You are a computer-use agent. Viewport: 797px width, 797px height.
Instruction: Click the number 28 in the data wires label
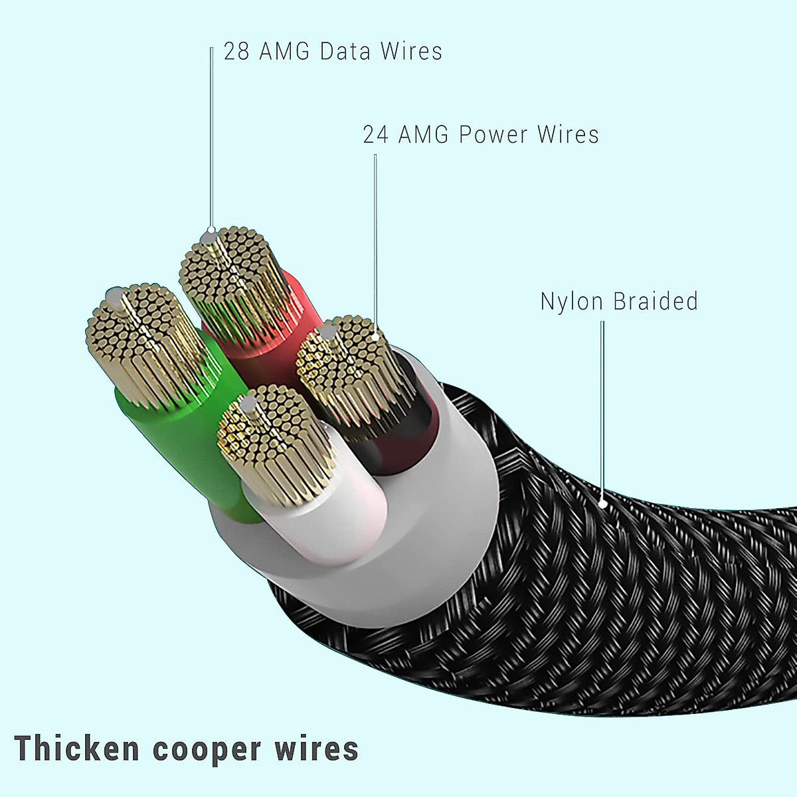tap(236, 51)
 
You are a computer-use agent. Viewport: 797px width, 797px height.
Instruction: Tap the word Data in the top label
tap(345, 51)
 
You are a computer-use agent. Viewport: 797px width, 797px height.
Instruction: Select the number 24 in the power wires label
tap(375, 134)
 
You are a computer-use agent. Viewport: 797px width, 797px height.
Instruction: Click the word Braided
tap(656, 301)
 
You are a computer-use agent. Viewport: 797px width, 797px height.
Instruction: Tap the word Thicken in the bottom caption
tap(76, 749)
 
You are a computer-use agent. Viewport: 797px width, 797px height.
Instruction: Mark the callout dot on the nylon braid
tap(603, 504)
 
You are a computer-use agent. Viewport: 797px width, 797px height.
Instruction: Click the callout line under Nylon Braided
tap(602, 412)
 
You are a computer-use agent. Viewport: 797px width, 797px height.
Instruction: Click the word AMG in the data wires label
tap(284, 51)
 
